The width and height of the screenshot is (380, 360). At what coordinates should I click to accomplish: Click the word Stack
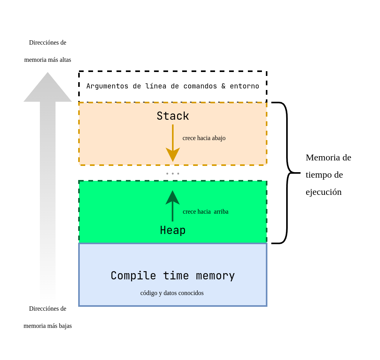(173, 116)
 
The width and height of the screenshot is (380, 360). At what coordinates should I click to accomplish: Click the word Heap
(173, 230)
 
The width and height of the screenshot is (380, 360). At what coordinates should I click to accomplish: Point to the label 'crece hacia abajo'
(204, 138)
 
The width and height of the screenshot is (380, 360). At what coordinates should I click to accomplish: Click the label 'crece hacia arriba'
(206, 212)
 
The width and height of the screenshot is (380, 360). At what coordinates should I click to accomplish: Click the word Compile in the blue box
(133, 276)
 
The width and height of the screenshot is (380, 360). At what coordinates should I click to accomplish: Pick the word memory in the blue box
(215, 276)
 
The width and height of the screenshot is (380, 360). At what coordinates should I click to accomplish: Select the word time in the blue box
(176, 276)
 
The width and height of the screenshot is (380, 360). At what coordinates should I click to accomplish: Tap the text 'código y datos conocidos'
(172, 293)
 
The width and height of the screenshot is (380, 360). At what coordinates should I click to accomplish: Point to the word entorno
(244, 86)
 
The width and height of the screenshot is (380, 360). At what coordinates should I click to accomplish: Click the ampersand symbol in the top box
(223, 86)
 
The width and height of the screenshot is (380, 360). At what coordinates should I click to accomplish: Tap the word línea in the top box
(156, 86)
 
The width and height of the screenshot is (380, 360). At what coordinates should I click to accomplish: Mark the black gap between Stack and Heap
(173, 173)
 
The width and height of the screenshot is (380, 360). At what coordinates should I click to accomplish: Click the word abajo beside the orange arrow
(219, 138)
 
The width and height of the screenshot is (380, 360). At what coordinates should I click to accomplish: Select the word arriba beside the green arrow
(221, 212)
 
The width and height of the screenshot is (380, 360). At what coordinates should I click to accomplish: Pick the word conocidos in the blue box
(191, 293)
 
